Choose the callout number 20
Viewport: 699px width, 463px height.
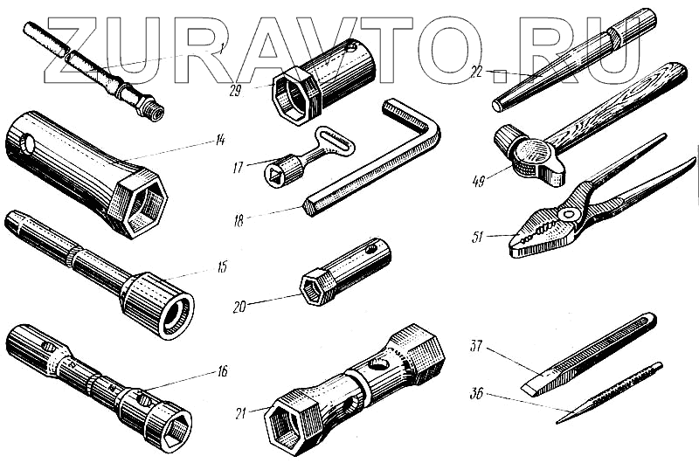click(241, 307)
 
